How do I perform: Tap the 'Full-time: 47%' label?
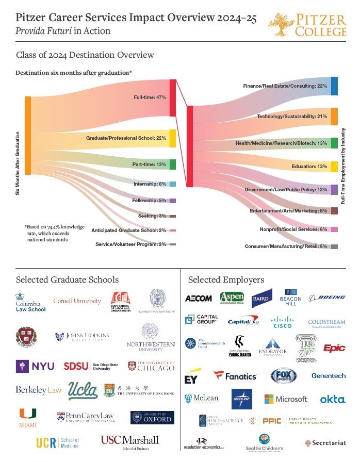pos(150,97)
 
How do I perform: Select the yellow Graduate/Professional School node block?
pos(173,138)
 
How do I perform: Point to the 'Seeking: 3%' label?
pos(152,216)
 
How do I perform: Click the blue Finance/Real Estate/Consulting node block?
pos(334,86)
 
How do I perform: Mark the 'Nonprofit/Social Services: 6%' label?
pos(293,229)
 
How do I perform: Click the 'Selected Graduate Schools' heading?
pos(67,280)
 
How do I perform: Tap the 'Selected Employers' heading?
pos(226,280)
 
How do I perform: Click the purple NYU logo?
pos(35,367)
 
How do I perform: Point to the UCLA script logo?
pos(83,390)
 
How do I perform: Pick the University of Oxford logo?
pos(152,417)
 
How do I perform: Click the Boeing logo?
pos(328,298)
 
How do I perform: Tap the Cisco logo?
pos(282,322)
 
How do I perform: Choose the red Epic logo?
pos(334,349)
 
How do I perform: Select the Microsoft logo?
pos(286,399)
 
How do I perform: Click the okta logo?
pos(332,400)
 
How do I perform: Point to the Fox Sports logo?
pos(284,376)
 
